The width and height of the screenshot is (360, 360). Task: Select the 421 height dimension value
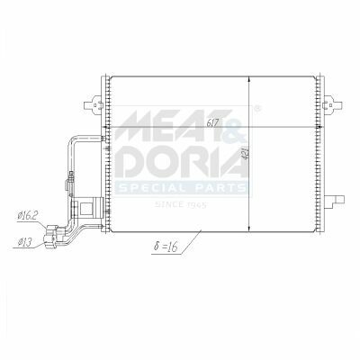point(245,153)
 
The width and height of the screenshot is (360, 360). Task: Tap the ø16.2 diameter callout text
point(28,216)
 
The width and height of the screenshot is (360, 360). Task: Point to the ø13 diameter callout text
point(24,242)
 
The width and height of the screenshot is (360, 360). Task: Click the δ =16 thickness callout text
point(166,247)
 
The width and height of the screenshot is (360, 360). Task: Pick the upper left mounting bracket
point(93,105)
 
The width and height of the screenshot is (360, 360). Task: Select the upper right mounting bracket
point(333,105)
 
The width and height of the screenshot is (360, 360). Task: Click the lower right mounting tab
point(335,201)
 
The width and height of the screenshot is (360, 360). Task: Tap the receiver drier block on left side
point(87,207)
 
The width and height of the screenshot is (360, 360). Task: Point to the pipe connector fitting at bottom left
point(53,237)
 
